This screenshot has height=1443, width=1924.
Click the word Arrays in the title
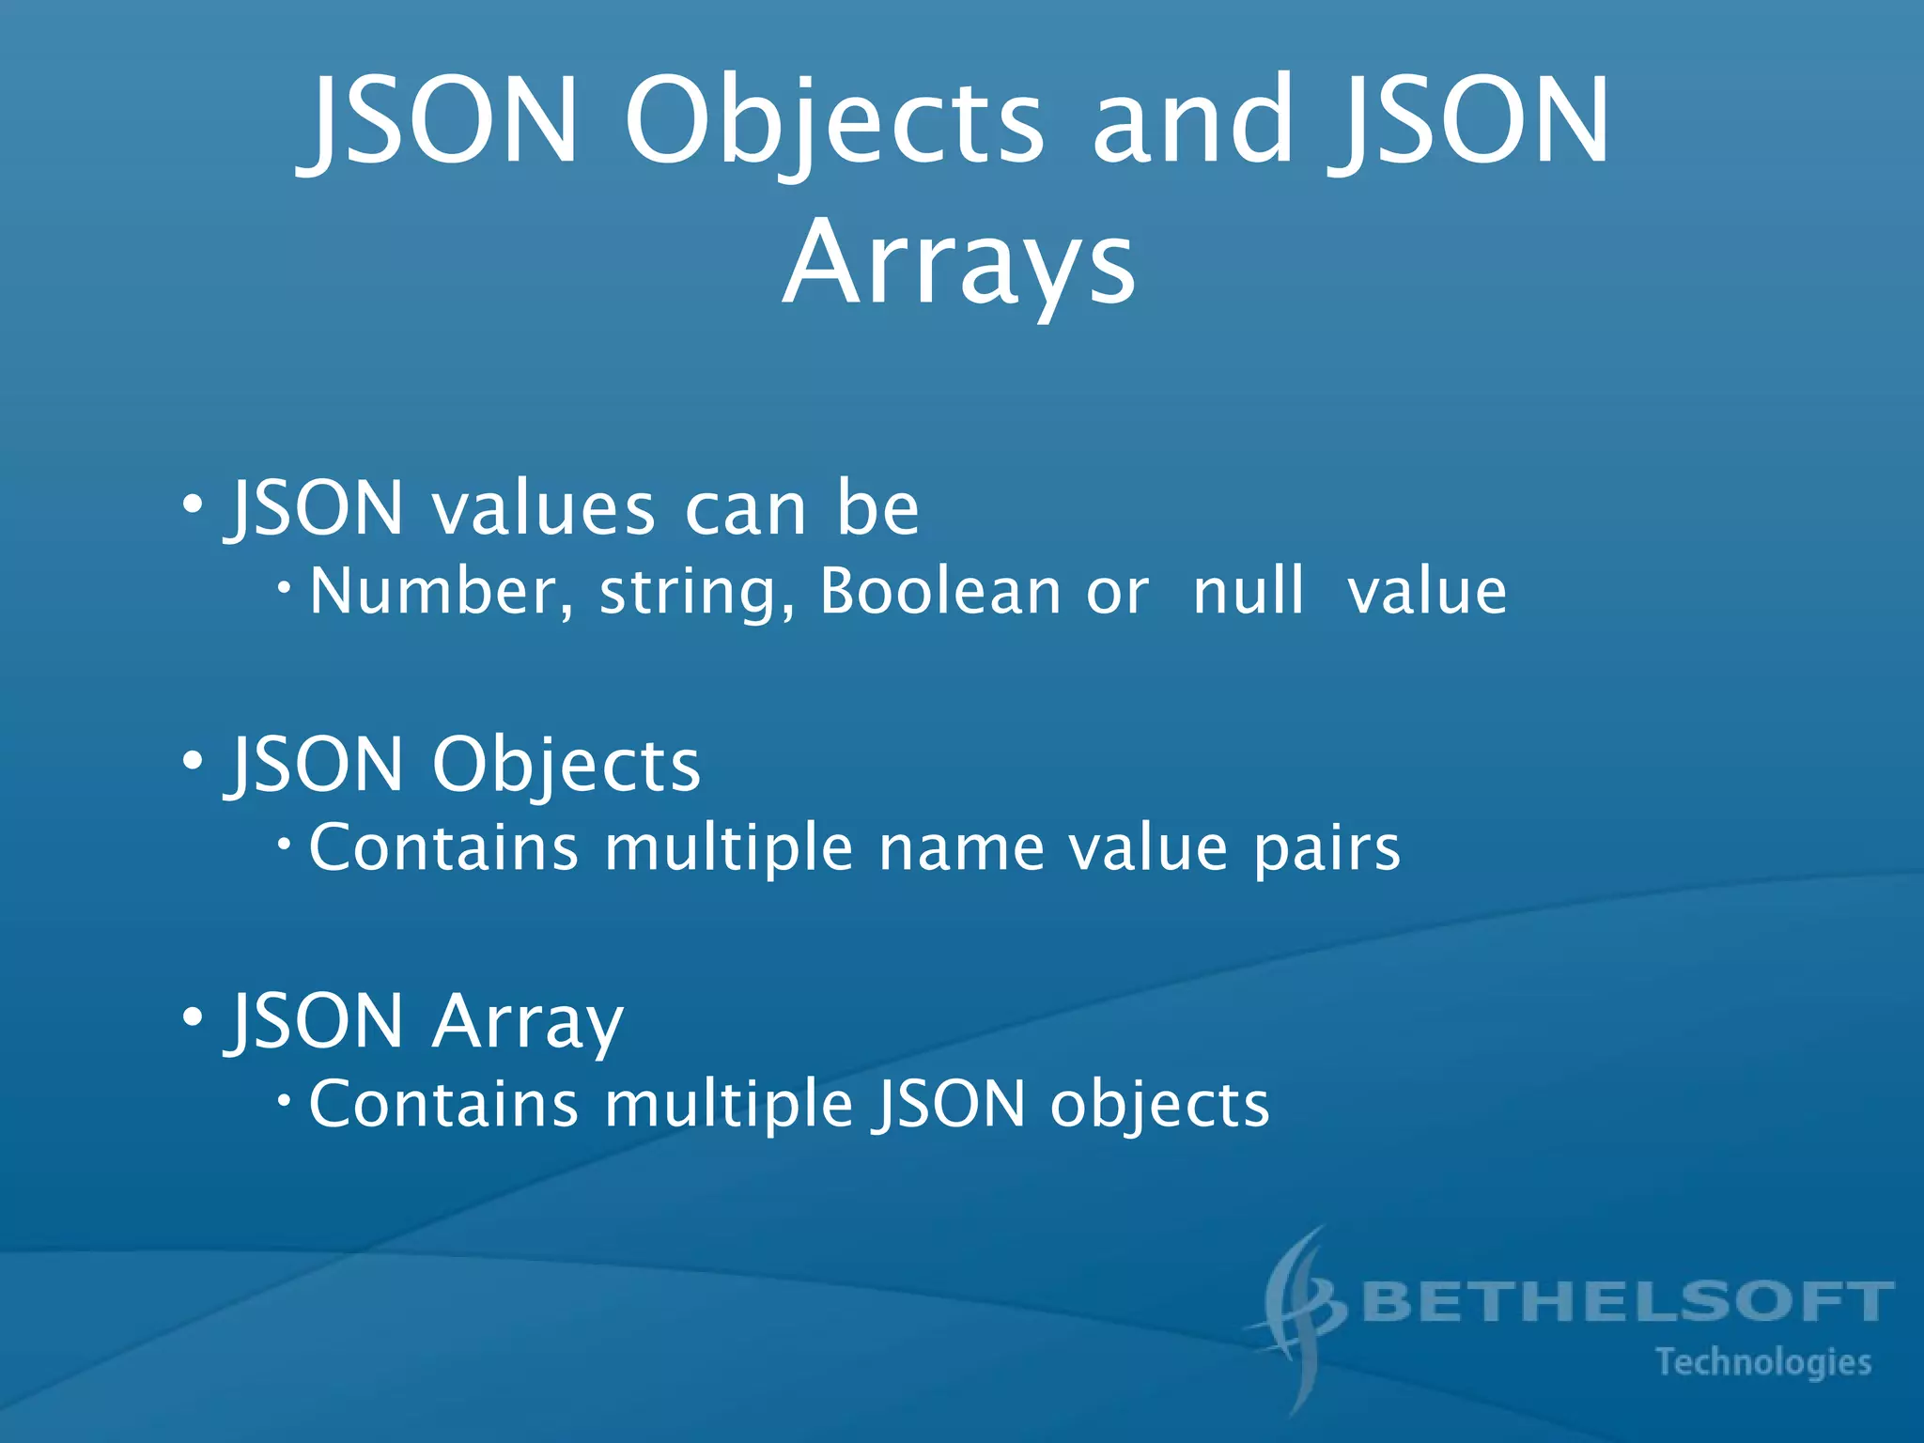coord(959,263)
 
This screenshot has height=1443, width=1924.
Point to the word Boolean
coord(940,592)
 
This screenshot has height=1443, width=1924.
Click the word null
coord(1249,592)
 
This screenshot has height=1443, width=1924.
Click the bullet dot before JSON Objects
coord(193,760)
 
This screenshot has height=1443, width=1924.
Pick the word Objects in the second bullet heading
coord(566,766)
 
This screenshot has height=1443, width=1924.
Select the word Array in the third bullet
coord(527,1023)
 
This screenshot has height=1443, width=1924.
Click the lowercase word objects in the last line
coord(1159,1107)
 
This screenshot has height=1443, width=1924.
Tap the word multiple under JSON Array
coord(728,1107)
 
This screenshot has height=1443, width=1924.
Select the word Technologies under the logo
coord(1763,1362)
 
